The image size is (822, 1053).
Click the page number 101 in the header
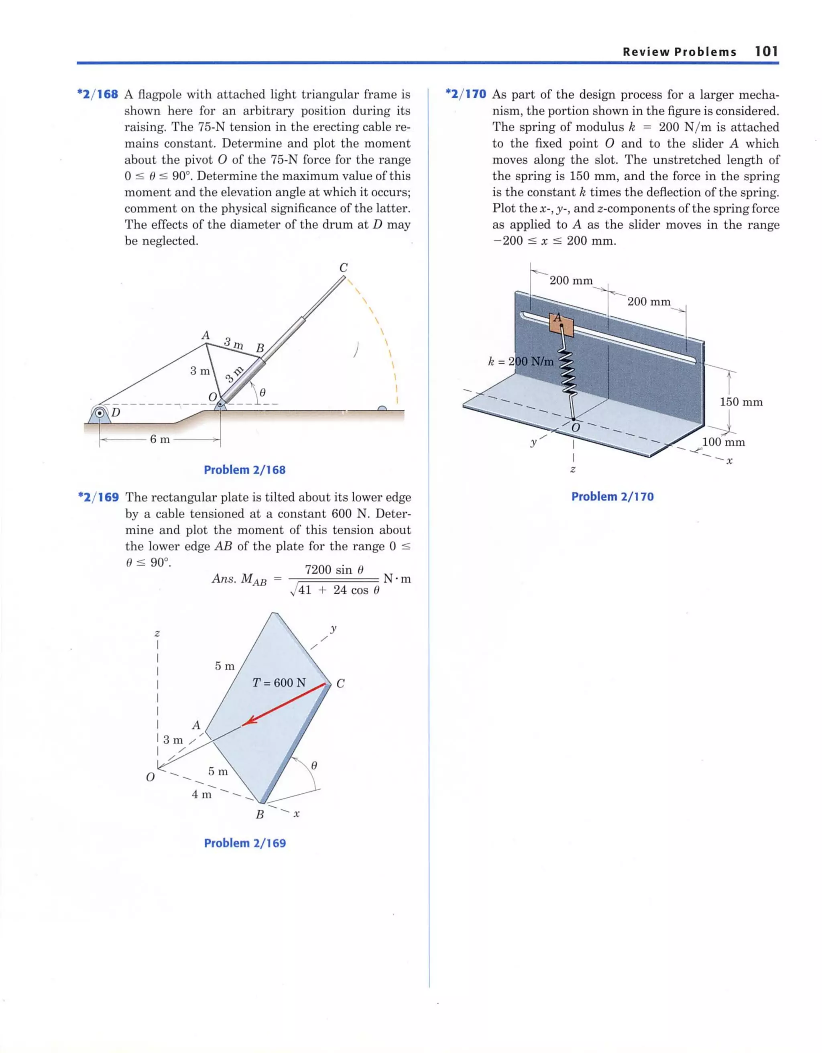pyautogui.click(x=766, y=52)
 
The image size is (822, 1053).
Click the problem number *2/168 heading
pyautogui.click(x=98, y=94)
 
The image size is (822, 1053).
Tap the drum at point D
pyautogui.click(x=100, y=413)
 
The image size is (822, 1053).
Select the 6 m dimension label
pyautogui.click(x=160, y=439)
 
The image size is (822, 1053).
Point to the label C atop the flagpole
pyautogui.click(x=343, y=268)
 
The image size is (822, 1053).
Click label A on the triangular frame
pyautogui.click(x=206, y=334)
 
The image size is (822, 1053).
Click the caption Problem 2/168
pyautogui.click(x=244, y=470)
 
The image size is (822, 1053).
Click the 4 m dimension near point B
pyautogui.click(x=201, y=794)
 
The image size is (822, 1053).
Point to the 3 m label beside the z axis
pyautogui.click(x=173, y=739)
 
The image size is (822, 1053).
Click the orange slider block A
pyautogui.click(x=561, y=324)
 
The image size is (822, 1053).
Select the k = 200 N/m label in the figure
pyautogui.click(x=521, y=361)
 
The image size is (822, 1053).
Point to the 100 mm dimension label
pyautogui.click(x=723, y=442)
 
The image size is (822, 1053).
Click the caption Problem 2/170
pyautogui.click(x=612, y=497)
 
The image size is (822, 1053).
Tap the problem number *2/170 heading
pyautogui.click(x=466, y=94)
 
